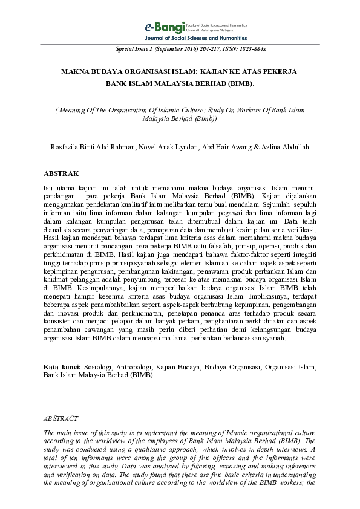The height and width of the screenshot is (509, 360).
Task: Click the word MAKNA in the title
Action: pos(76,71)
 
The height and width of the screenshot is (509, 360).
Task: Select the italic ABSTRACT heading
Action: pos(61,418)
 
